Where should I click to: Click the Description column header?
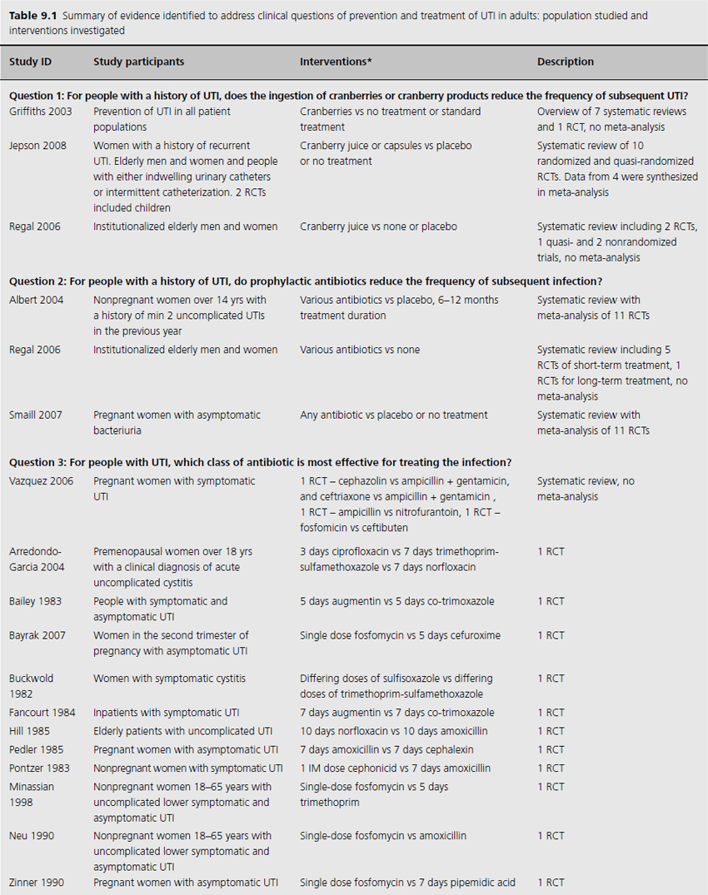pyautogui.click(x=566, y=62)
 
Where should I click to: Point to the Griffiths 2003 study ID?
pyautogui.click(x=40, y=111)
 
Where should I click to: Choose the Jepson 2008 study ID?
pyautogui.click(x=36, y=146)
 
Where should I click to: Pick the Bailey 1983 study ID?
pyautogui.click(x=32, y=601)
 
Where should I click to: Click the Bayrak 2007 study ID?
pyautogui.click(x=35, y=635)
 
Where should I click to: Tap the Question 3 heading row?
pyautogui.click(x=260, y=462)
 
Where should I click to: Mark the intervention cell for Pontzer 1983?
pyautogui.click(x=395, y=768)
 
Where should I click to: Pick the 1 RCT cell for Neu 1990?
pyautogui.click(x=551, y=835)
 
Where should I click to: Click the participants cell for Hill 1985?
pyautogui.click(x=182, y=731)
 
